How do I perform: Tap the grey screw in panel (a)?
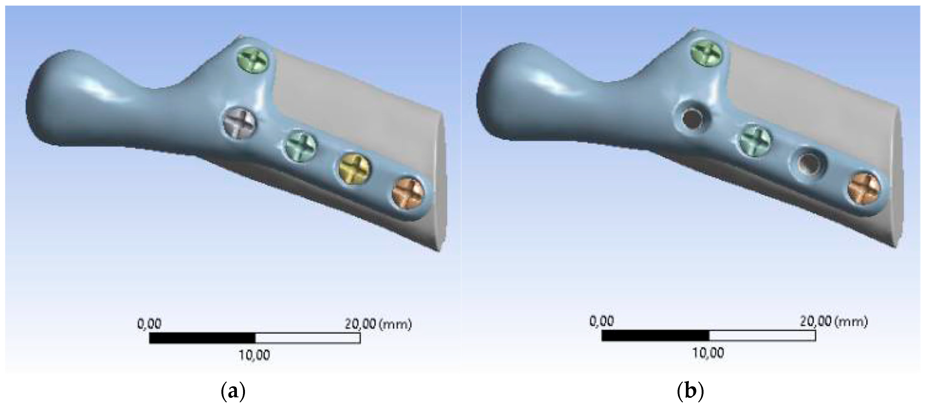(x=239, y=123)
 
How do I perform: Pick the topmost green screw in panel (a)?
(x=253, y=59)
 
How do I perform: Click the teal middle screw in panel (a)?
(x=301, y=146)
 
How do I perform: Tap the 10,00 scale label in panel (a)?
(x=255, y=355)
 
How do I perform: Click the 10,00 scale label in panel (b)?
(x=708, y=353)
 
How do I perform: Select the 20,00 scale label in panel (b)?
(x=815, y=321)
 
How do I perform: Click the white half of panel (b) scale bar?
(x=762, y=336)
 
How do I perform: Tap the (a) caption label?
(x=233, y=391)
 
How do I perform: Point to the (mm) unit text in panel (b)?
(x=851, y=322)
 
